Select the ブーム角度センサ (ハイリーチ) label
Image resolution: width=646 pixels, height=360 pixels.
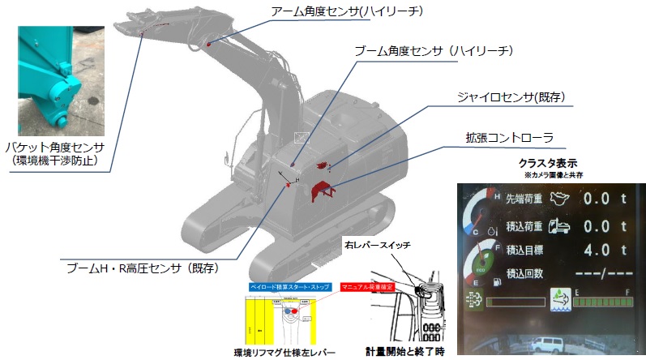click(434, 51)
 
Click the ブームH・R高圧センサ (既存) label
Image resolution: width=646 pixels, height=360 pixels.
click(143, 266)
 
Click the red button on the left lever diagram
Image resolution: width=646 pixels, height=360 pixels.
click(294, 311)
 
